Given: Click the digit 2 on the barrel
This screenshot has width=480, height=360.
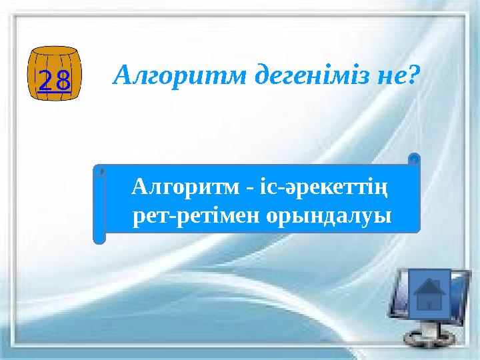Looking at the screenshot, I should pyautogui.click(x=45, y=79).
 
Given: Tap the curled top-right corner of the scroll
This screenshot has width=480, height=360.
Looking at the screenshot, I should pyautogui.click(x=413, y=159).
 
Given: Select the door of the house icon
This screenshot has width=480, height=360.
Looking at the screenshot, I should pyautogui.click(x=430, y=305).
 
